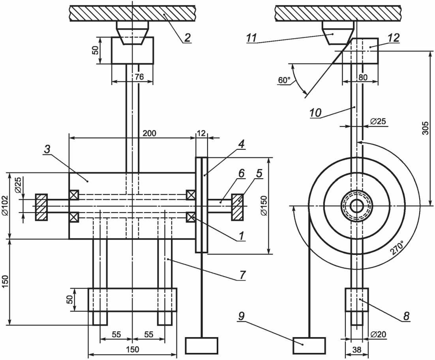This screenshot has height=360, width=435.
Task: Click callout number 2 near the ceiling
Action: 187,38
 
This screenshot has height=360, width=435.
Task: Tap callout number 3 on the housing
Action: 47,149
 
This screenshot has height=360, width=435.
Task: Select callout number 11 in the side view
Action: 251,38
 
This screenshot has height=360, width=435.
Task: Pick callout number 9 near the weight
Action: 241,316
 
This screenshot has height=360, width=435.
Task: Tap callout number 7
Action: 242,275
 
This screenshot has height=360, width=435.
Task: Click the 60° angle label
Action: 284,80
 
